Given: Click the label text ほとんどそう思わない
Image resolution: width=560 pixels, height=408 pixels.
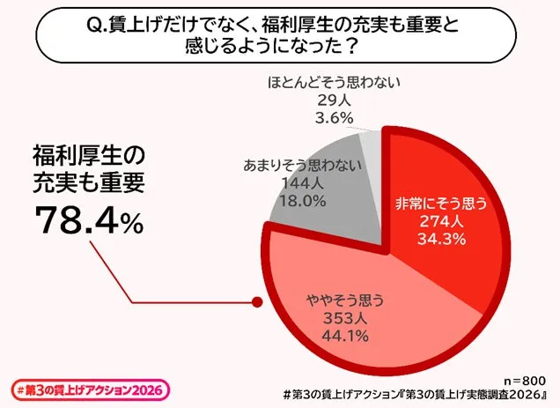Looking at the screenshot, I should [x=334, y=85].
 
